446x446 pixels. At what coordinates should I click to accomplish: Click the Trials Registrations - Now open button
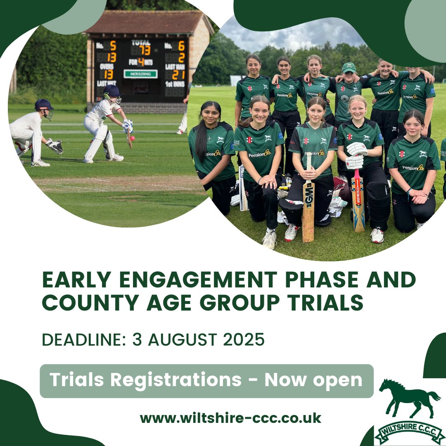point(206,380)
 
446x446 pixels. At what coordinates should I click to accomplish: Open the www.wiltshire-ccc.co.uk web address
point(230,418)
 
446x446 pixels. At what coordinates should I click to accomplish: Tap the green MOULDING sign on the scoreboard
point(140,74)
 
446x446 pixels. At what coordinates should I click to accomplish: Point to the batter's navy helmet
point(111,91)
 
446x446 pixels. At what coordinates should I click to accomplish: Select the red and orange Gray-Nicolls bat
point(358,200)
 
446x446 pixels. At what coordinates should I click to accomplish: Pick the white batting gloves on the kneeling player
point(356,155)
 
